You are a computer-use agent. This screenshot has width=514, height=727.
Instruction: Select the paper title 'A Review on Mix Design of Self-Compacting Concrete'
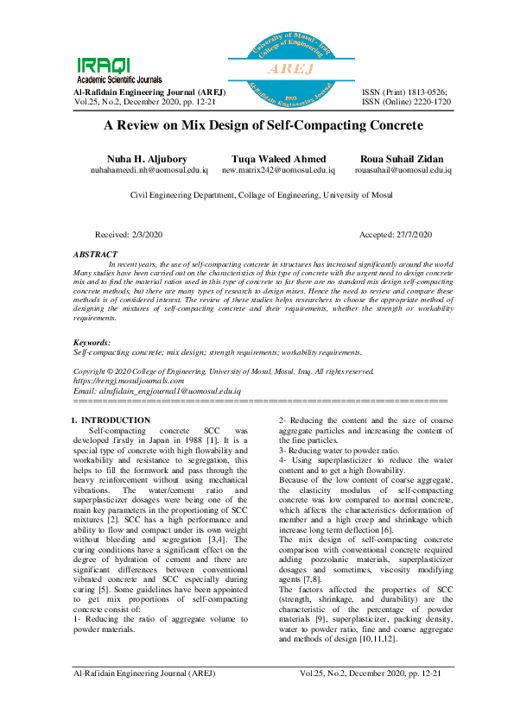coord(263,125)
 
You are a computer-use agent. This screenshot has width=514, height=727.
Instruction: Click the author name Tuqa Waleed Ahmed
coord(278,159)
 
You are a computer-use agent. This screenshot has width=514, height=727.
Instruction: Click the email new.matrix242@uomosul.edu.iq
coord(278,170)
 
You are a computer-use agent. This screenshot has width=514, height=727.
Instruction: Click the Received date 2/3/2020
coord(129,235)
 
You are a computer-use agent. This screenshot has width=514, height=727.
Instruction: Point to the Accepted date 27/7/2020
coord(395,235)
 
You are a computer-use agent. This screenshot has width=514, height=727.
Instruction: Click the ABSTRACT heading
coord(95,254)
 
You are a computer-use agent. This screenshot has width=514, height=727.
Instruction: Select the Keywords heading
coord(92,343)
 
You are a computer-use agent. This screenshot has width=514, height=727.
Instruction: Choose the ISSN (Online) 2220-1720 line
coord(406,101)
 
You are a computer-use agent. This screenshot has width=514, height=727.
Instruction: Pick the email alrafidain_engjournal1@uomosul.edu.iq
coord(151,390)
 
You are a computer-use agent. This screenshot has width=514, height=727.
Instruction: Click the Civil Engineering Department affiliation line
coord(261,196)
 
